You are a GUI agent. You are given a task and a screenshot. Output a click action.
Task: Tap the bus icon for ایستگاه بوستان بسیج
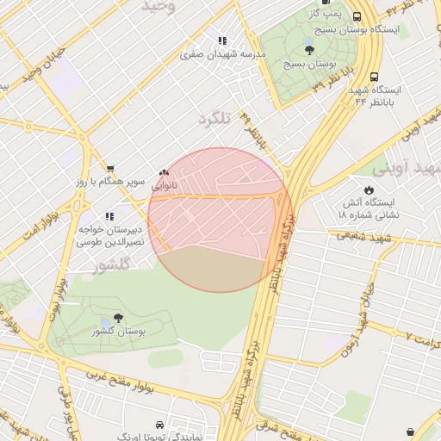[x=357, y=16]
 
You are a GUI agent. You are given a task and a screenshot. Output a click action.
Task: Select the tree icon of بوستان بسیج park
[x=310, y=51]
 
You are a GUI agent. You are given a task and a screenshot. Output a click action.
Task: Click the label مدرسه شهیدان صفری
[x=223, y=54]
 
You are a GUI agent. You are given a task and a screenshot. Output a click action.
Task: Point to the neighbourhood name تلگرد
[x=214, y=119]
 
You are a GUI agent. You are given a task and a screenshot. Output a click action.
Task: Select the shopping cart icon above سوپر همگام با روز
[x=109, y=168]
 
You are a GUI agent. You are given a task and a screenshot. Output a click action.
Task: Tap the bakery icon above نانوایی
[x=164, y=172]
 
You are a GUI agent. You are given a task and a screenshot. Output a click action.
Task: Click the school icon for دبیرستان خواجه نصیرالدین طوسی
[x=109, y=216]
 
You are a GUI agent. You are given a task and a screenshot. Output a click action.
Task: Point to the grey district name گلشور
[x=119, y=264]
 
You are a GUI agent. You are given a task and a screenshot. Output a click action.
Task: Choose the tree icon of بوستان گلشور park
[x=118, y=318]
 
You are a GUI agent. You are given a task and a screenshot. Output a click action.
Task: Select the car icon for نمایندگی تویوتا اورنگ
[x=160, y=425]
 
